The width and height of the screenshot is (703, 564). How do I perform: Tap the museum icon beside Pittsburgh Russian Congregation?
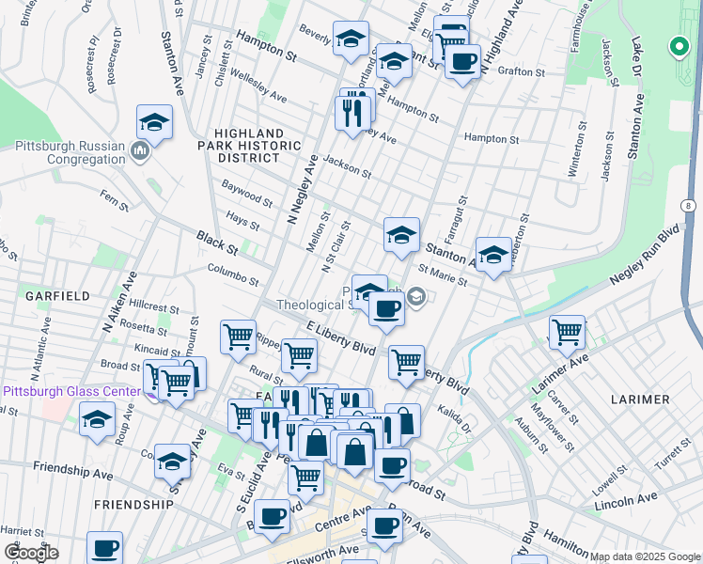click(x=141, y=151)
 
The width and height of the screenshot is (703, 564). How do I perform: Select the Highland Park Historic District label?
click(x=258, y=146)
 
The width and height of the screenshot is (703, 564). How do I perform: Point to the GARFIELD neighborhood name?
click(x=57, y=295)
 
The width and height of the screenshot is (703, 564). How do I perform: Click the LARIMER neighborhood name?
click(x=639, y=399)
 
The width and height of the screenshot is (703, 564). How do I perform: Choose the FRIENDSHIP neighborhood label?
click(x=133, y=504)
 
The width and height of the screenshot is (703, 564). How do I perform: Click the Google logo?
click(x=30, y=553)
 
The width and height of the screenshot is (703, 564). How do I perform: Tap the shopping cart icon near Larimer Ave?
click(x=567, y=331)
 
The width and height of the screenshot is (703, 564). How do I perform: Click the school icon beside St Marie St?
click(x=493, y=255)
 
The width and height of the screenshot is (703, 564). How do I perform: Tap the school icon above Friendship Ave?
click(x=172, y=461)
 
